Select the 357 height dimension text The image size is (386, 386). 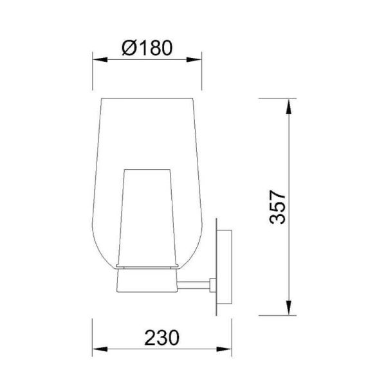(x=277, y=207)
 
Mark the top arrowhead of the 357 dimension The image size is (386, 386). (x=288, y=103)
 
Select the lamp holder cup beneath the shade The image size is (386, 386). (x=147, y=278)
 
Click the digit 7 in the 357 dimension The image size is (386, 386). (x=277, y=195)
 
